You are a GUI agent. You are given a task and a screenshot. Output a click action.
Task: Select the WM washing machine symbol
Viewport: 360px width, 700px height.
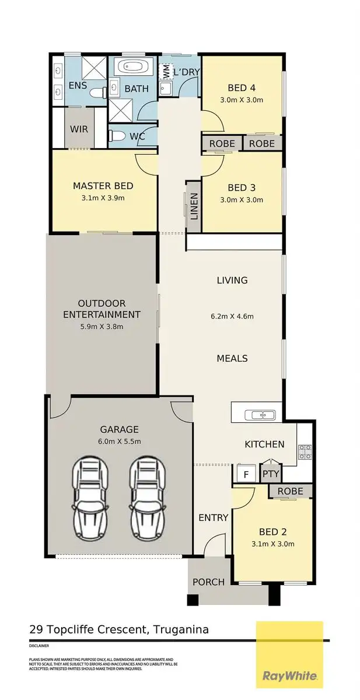click(x=166, y=72)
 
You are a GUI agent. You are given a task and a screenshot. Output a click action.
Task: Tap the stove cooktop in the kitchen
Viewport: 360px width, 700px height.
click(x=305, y=450)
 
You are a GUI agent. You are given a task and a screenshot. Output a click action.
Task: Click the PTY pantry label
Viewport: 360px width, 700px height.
click(x=271, y=474)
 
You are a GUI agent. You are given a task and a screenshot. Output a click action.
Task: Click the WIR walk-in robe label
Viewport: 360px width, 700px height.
click(x=79, y=129)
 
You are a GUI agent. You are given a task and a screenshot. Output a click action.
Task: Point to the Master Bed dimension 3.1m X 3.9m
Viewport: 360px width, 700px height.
click(x=103, y=198)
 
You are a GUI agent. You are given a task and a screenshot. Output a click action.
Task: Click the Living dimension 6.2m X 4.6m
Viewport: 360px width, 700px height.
click(x=232, y=317)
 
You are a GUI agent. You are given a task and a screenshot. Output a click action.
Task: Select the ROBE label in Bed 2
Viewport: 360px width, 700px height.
click(x=290, y=491)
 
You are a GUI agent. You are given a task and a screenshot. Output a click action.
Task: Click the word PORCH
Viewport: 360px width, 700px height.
click(x=208, y=582)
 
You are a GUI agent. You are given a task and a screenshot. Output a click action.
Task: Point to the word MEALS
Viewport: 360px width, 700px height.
click(x=232, y=358)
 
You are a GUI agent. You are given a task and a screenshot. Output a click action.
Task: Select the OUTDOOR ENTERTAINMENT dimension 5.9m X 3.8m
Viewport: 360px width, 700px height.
click(x=102, y=327)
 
